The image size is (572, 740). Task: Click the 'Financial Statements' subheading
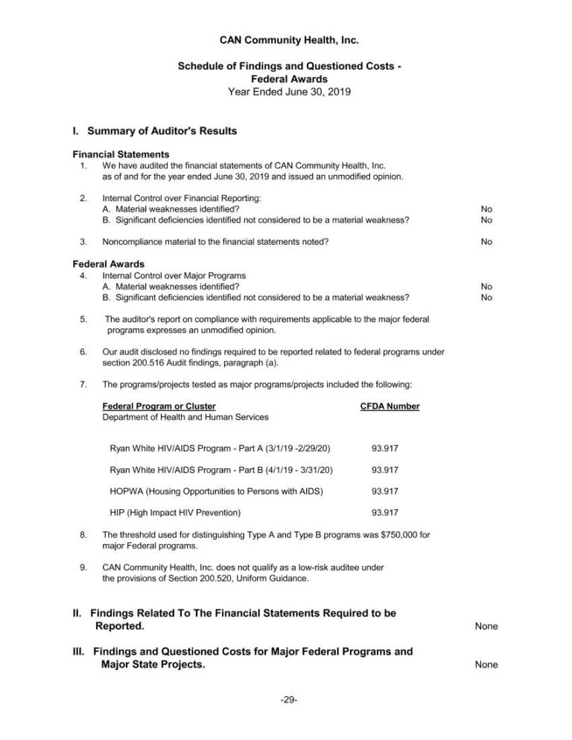[115, 154]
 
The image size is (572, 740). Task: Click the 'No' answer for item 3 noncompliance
[486, 241]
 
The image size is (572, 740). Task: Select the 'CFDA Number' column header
[390, 406]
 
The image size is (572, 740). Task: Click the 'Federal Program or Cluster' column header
[159, 406]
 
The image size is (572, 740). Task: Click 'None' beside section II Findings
[486, 626]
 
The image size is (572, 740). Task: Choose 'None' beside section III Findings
[486, 665]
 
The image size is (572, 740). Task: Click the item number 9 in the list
[83, 567]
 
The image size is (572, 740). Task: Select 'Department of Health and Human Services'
[185, 417]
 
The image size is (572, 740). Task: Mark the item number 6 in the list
[83, 352]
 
